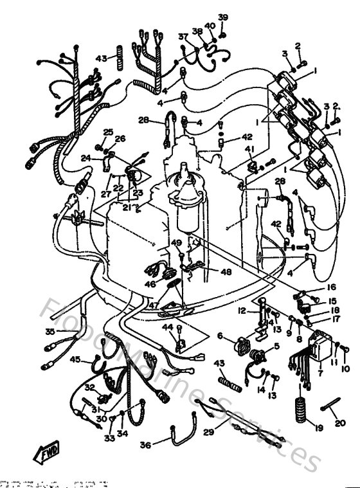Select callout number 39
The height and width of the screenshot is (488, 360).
pos(222,17)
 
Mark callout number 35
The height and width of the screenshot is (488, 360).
pos(50,332)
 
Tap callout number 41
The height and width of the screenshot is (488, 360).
pos(249,149)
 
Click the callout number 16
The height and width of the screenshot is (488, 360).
pos(332,288)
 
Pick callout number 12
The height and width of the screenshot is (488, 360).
pos(242,311)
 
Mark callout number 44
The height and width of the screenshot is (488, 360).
pos(168,327)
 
